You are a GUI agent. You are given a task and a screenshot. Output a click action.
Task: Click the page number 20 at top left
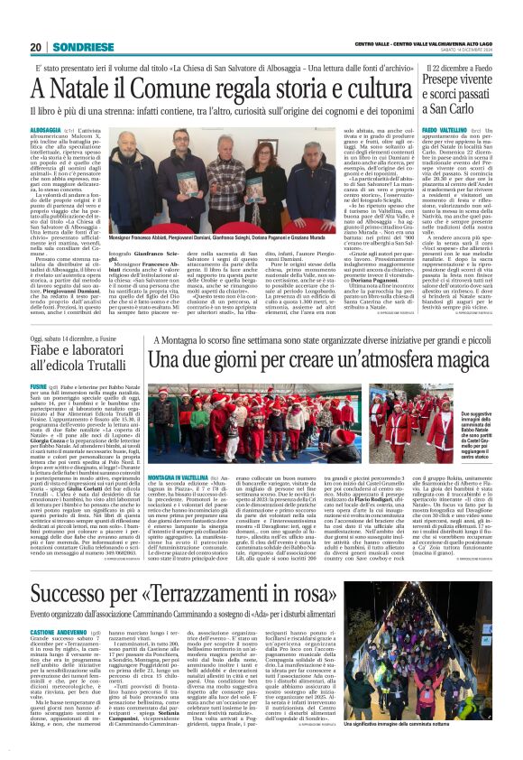[x=35, y=47]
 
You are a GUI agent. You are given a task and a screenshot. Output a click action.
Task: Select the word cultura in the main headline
[x=365, y=89]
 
